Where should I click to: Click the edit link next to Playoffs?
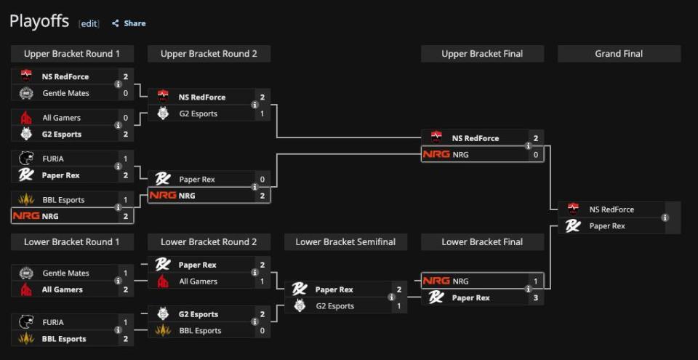click(89, 24)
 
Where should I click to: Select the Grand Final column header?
click(619, 54)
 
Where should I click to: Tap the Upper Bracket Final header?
click(482, 54)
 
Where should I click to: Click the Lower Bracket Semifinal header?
click(345, 242)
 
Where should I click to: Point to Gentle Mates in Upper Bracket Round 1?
click(65, 93)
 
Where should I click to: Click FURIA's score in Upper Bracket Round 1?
click(125, 159)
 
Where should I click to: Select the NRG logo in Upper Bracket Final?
click(436, 154)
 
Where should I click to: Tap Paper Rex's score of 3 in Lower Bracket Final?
click(536, 297)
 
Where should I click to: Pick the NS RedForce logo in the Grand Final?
click(573, 209)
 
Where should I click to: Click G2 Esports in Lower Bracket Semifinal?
click(334, 306)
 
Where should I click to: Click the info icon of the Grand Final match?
click(665, 217)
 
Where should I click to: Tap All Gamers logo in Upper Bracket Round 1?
click(26, 118)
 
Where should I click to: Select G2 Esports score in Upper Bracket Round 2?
click(262, 114)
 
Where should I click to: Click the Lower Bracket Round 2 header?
click(209, 242)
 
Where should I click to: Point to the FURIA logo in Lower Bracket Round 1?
click(26, 322)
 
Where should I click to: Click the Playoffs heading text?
click(39, 22)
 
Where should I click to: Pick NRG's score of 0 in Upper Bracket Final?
click(536, 155)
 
